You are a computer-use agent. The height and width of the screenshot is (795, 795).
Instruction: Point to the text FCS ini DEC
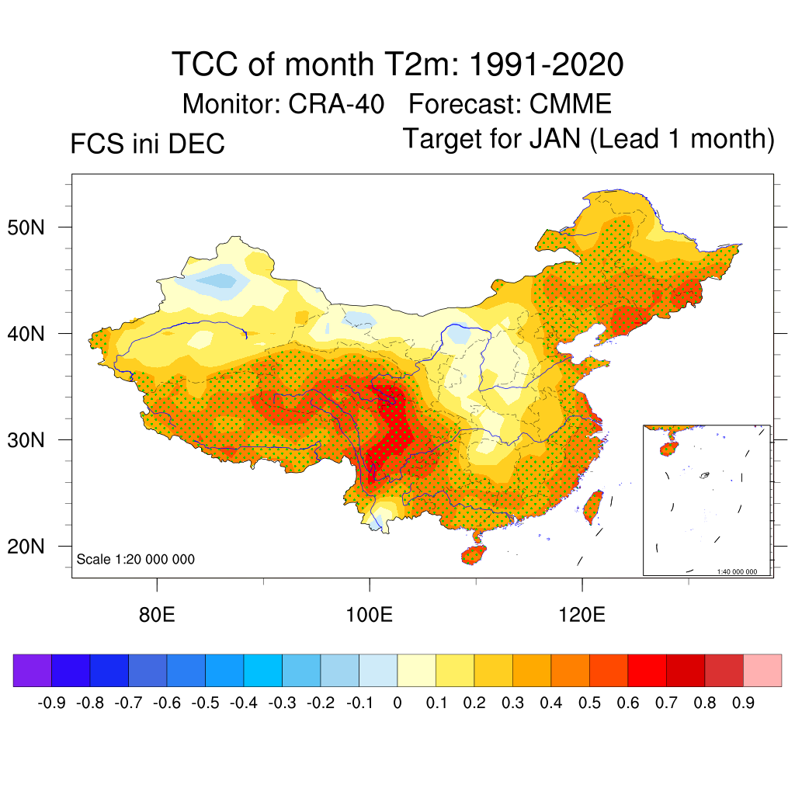pyautogui.click(x=148, y=144)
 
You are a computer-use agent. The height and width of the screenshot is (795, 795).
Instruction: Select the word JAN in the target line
pyautogui.click(x=555, y=139)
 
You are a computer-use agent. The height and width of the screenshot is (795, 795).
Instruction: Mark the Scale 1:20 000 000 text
pyautogui.click(x=136, y=560)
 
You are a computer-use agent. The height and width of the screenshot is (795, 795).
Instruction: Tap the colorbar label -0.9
pyautogui.click(x=52, y=703)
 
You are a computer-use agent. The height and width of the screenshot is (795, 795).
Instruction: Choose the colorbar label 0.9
pyautogui.click(x=743, y=703)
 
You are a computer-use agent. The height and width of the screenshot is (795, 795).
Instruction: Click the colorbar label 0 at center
pyautogui.click(x=397, y=703)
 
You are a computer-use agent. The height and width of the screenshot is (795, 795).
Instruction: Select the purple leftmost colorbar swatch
pyautogui.click(x=33, y=670)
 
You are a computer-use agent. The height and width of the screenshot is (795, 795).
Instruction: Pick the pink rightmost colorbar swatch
pyautogui.click(x=762, y=670)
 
